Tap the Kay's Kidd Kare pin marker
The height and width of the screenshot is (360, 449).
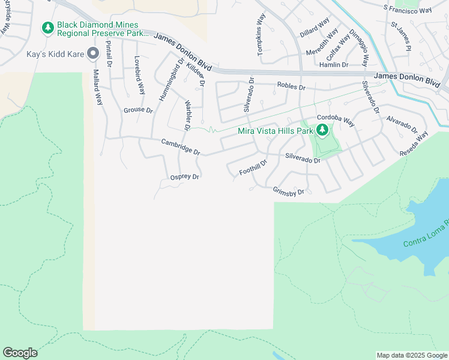click(x=92, y=54)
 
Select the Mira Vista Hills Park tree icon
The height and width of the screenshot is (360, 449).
click(x=322, y=130)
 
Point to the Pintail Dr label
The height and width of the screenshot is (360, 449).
click(x=109, y=53)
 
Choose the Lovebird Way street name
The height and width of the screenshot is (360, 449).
click(x=139, y=75)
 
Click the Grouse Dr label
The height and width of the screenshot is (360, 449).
click(x=138, y=110)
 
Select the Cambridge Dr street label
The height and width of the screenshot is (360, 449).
click(x=180, y=146)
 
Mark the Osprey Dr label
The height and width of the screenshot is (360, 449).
click(x=184, y=177)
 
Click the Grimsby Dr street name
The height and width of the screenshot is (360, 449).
click(x=289, y=191)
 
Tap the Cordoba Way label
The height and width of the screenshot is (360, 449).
click(x=336, y=119)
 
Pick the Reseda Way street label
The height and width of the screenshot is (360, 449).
click(x=414, y=145)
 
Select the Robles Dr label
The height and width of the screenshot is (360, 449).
click(x=291, y=86)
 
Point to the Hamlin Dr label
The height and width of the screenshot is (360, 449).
click(x=334, y=65)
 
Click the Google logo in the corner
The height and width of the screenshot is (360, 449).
click(x=20, y=353)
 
